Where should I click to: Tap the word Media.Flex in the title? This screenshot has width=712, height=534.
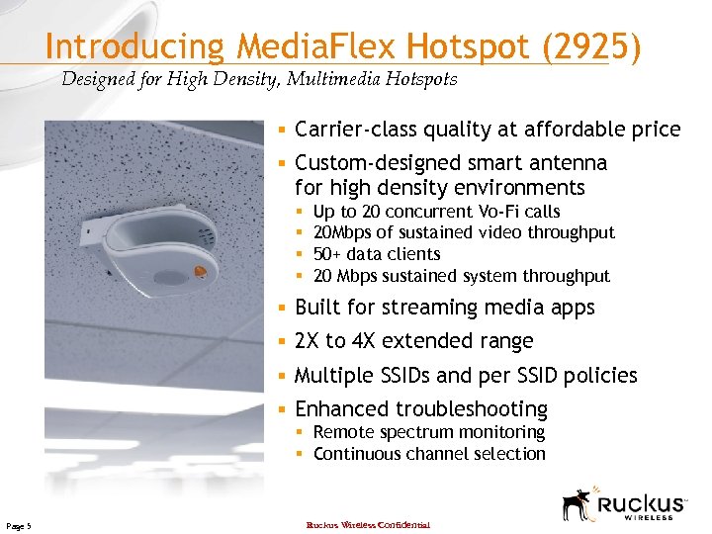pyautogui.click(x=312, y=47)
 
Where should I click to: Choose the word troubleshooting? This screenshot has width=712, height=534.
pyautogui.click(x=472, y=409)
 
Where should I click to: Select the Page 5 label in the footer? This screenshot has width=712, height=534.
pyautogui.click(x=19, y=524)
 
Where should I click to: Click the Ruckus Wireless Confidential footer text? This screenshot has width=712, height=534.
pyautogui.click(x=368, y=524)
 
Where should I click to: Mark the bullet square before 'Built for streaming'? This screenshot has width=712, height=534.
pyautogui.click(x=282, y=308)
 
